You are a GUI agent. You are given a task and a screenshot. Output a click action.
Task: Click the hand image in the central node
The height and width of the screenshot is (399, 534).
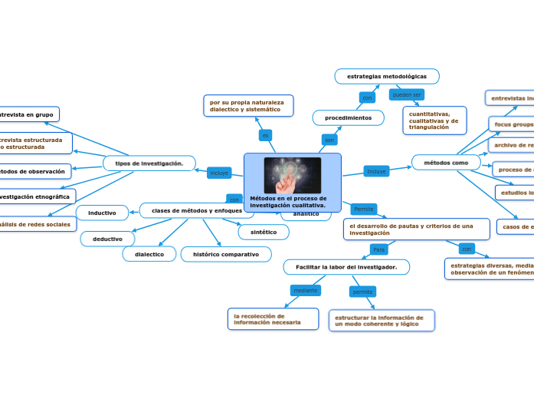pos(292,175)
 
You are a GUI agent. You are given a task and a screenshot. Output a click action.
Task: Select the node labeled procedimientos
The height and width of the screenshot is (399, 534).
pos(349,118)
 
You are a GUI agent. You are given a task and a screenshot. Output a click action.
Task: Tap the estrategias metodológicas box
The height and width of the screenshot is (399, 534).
pos(387,76)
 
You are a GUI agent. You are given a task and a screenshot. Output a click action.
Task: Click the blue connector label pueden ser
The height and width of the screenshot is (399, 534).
pos(406,94)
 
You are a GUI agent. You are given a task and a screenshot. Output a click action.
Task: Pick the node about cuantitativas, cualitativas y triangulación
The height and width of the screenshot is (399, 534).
pos(434,120)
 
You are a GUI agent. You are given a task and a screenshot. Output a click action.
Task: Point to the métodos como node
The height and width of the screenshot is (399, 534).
pos(446,163)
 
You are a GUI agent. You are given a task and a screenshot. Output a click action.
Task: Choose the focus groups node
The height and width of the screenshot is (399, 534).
pos(512,124)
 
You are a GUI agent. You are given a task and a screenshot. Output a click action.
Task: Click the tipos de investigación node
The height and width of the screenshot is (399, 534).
pos(149,163)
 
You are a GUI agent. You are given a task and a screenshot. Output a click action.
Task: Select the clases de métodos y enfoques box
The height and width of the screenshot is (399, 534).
pos(196,210)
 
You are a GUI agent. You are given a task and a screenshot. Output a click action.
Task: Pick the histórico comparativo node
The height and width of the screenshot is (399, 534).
pos(226,254)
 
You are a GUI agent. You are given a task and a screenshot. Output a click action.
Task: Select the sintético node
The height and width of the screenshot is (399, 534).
pos(264,232)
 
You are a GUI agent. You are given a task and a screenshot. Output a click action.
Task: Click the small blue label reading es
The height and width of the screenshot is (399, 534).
pos(266,135)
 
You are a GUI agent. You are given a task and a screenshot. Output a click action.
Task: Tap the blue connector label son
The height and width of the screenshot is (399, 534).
pos(329,140)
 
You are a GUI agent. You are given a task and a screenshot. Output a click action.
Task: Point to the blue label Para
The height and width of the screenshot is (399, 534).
pos(378,249)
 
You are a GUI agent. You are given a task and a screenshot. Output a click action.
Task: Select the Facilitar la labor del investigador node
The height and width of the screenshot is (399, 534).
pos(346,267)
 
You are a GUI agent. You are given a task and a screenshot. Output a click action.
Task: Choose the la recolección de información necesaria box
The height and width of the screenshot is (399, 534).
pos(273,319)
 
